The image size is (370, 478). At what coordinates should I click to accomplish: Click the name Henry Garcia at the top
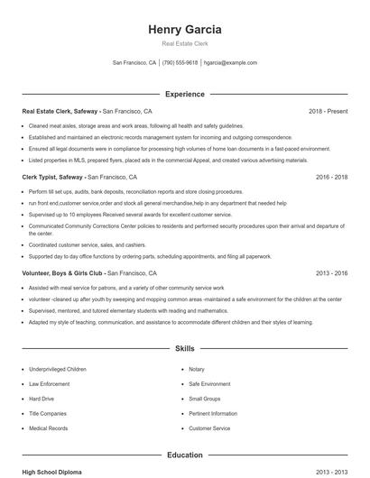coord(184,29)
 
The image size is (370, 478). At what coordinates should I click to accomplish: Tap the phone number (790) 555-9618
coord(180,63)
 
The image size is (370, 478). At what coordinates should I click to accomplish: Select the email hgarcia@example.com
coord(230,63)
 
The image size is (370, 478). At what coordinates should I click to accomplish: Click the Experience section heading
coord(184,94)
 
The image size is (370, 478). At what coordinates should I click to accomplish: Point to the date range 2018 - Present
coord(328,111)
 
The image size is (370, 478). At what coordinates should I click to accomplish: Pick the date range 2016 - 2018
coord(331,178)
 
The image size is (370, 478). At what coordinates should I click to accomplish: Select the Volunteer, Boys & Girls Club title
coord(63,272)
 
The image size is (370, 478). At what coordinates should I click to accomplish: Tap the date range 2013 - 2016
coord(331,272)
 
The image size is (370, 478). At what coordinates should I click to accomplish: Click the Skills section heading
coord(184,348)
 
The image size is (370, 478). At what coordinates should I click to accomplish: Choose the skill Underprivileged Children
coord(58,369)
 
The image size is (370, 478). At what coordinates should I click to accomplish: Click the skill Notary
coord(197,369)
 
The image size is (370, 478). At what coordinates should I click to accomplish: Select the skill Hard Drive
coord(42,399)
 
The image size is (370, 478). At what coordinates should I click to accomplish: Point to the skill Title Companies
coord(49,413)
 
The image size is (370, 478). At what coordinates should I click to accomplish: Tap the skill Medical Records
coord(48,428)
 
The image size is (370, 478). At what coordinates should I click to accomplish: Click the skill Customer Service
coord(209,428)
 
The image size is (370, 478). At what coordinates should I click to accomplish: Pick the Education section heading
coord(184,455)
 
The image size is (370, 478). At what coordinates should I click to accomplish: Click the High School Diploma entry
coord(52,472)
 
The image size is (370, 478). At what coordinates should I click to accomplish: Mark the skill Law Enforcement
coord(50,383)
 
